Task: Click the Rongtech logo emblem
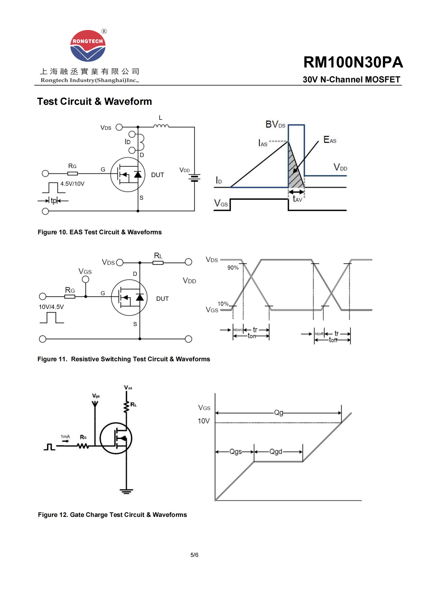coord(88,46)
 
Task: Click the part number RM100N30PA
coord(353,63)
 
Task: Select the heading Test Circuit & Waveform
coord(94,101)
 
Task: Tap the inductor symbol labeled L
coord(161,126)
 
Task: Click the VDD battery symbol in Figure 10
coord(194,178)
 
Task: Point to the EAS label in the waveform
coord(330,140)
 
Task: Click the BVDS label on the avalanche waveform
coord(275,125)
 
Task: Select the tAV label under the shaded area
coord(297,199)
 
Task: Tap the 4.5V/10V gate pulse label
coord(72,184)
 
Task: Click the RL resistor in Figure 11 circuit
coord(158,263)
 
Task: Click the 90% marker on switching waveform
coord(233,268)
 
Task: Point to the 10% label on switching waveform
coord(223,303)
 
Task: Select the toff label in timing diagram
coord(333,340)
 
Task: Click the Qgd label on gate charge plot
coord(276,452)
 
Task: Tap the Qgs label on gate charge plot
coord(236,452)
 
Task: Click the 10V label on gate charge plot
coord(204,421)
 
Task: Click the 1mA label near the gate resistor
coord(65,437)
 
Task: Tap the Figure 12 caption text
coord(112,515)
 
